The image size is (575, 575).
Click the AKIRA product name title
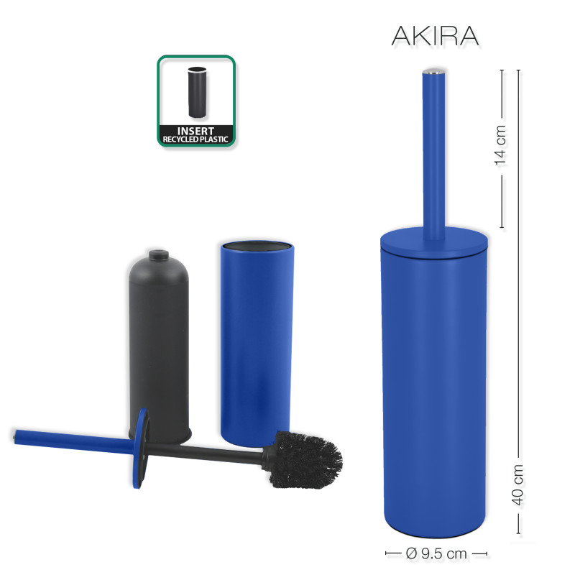pos(435,35)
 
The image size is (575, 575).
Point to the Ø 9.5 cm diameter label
pos(436,553)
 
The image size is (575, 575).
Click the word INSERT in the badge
pos(196,130)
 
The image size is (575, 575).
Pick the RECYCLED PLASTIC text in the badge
pos(196,139)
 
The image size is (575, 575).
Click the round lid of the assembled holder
pos(433,244)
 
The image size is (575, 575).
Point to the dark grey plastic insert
pos(160,345)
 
